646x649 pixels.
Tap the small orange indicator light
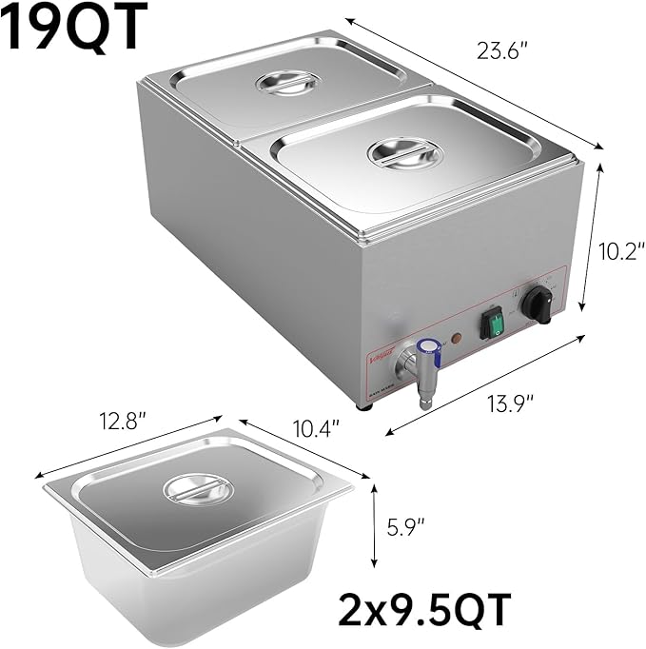point(458,339)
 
